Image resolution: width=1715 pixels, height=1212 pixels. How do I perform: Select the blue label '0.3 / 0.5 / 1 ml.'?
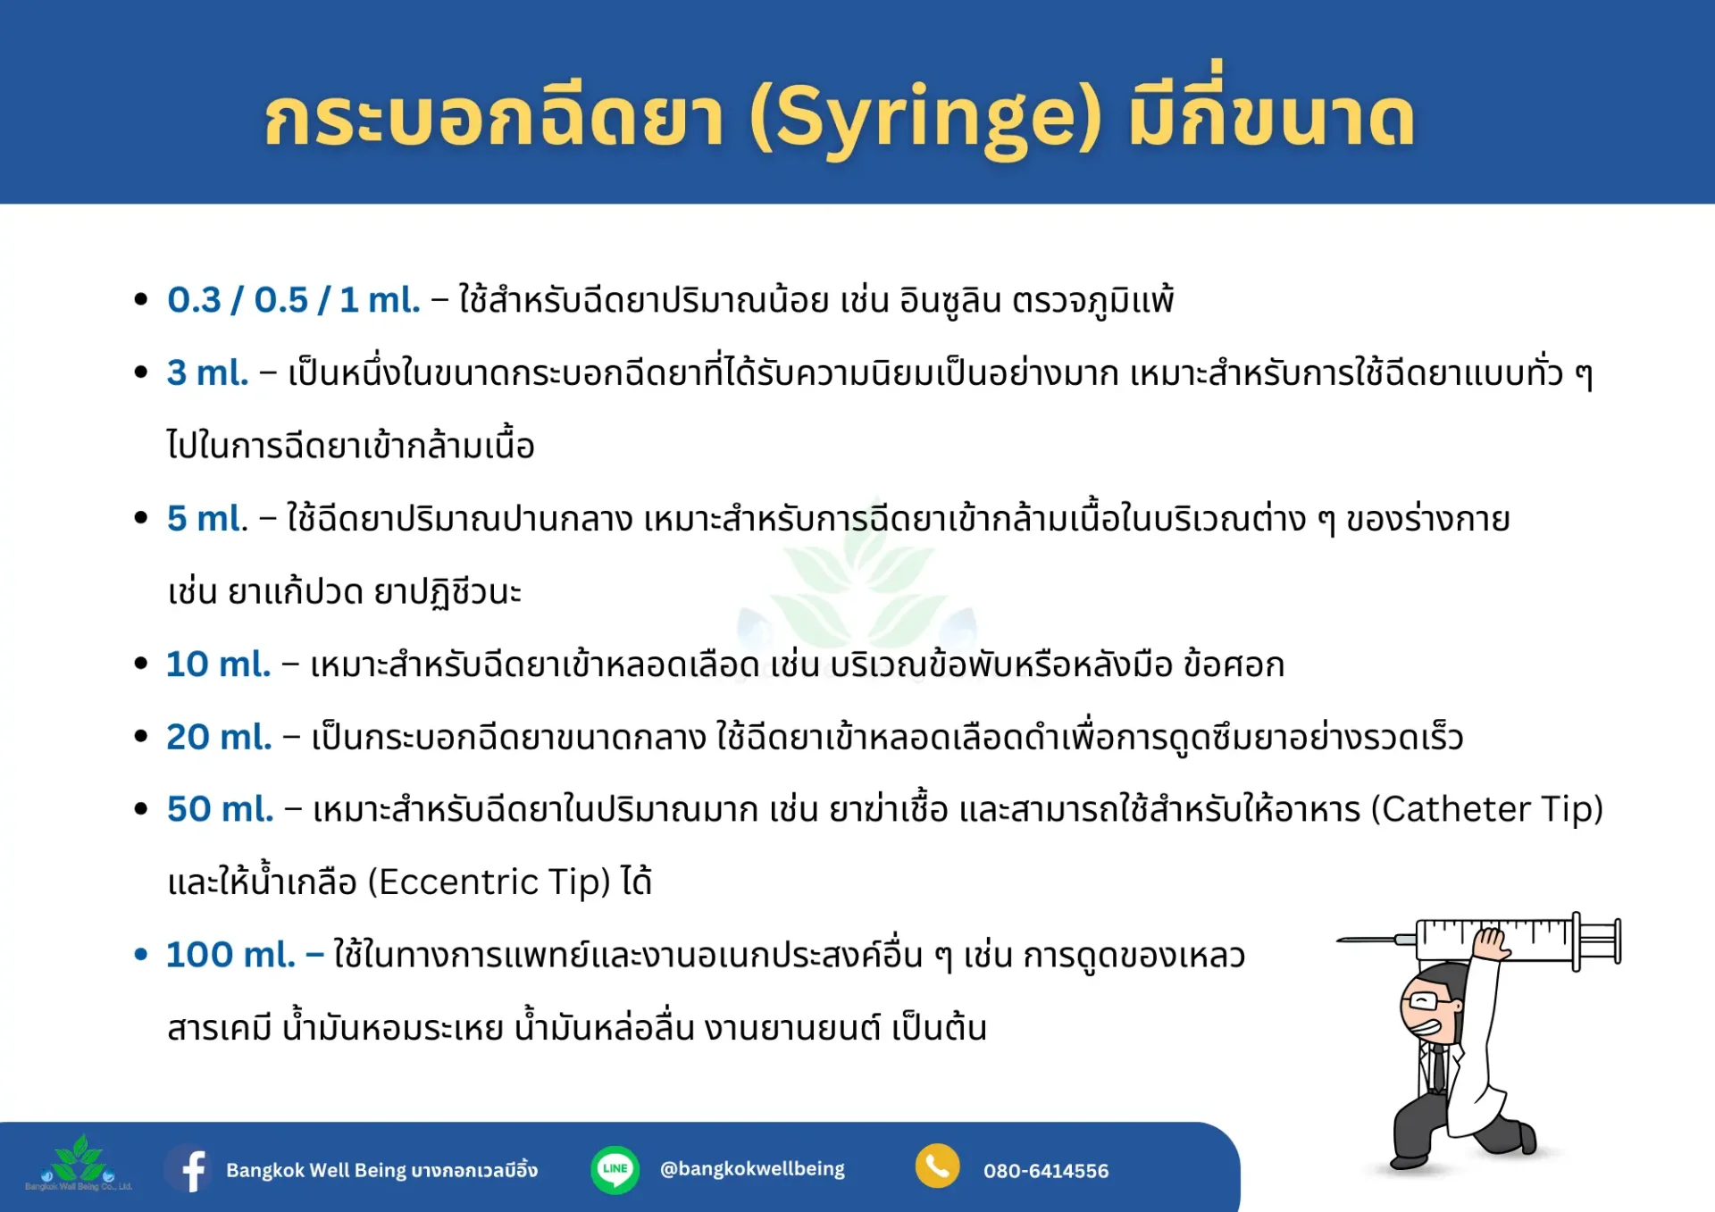pos(293,300)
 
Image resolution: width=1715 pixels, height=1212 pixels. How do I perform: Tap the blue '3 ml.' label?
pos(207,372)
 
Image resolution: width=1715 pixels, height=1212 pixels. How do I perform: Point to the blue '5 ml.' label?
pos(207,518)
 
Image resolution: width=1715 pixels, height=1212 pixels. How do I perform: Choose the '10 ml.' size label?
pos(218,664)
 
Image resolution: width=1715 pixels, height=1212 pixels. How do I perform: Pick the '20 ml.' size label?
pos(219,737)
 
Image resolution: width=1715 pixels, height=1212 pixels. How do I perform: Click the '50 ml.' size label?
pos(220,809)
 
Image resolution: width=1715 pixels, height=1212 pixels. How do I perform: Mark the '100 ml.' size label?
pos(230,955)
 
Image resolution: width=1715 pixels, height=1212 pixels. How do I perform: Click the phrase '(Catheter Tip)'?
pos(1487,810)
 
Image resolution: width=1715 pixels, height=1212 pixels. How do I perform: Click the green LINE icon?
pos(615,1169)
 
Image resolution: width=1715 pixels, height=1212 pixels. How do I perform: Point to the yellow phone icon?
pos(937,1166)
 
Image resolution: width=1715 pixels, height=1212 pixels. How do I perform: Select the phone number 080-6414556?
pos(1046,1171)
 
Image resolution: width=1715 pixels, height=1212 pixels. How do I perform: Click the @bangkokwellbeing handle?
pos(752,1169)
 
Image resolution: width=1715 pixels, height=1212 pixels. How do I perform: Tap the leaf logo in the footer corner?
pos(79,1162)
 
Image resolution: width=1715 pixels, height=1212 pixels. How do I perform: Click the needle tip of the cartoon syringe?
pos(1338,940)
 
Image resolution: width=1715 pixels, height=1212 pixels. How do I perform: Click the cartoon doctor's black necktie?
pos(1438,1067)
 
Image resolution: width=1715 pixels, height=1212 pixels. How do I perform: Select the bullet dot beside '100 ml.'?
pos(140,955)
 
